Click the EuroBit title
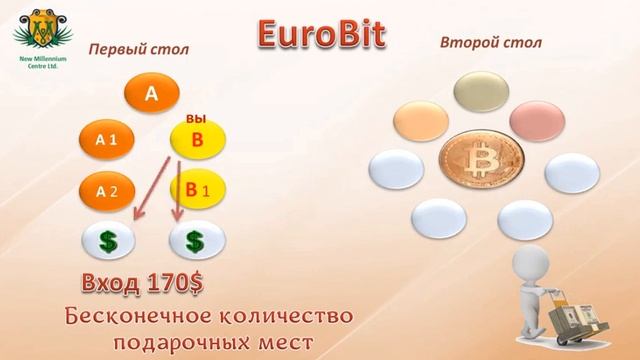coord(319,34)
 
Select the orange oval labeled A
coord(151,95)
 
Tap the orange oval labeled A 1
coord(107,141)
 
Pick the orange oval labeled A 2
coord(107,189)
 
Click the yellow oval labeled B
coord(197,141)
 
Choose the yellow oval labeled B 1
coord(197,188)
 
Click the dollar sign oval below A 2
coord(107,240)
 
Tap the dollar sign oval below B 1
coord(197,240)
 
